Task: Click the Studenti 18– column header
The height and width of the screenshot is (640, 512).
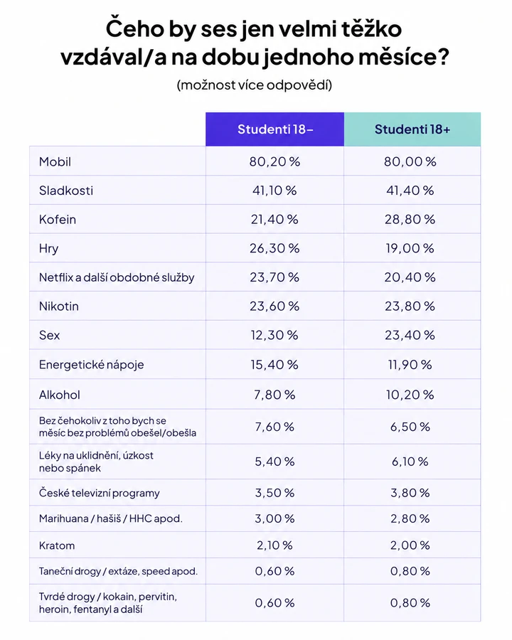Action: tap(275, 129)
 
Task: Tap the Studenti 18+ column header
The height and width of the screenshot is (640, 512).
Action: tap(412, 129)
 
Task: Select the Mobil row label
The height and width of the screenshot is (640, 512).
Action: tap(55, 161)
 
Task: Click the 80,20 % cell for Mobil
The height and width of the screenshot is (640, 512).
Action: tap(274, 161)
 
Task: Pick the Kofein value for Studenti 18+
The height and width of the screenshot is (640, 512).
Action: tap(410, 220)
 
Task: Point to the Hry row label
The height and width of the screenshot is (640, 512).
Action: tap(48, 249)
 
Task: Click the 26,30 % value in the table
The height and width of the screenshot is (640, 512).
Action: tap(274, 249)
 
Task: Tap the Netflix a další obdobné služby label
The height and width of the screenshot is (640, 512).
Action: tap(117, 277)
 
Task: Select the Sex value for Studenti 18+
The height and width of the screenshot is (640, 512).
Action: tap(410, 335)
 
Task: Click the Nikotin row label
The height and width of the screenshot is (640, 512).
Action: tap(59, 306)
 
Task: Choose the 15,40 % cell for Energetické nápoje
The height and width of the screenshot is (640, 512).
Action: tap(274, 365)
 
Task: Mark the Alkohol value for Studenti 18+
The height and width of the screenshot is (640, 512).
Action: tap(410, 395)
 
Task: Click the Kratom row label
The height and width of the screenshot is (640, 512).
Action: tap(57, 545)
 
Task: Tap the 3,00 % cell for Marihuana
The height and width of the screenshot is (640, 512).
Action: tap(274, 519)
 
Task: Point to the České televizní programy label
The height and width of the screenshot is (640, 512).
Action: tap(100, 493)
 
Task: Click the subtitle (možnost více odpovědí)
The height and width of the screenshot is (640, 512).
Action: tap(255, 85)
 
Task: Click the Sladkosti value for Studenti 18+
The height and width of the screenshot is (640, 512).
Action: tap(410, 191)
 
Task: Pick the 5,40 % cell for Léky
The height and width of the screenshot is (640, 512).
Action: tap(274, 462)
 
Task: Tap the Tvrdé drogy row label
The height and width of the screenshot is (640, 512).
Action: tap(108, 603)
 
